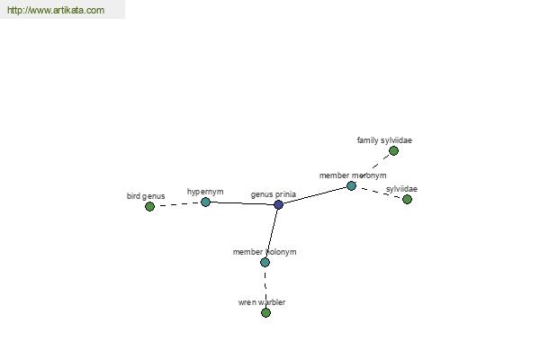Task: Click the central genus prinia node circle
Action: (278, 205)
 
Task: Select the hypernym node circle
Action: (205, 202)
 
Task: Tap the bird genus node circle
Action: (149, 207)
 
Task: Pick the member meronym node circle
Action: (351, 186)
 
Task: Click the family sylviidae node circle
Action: (393, 151)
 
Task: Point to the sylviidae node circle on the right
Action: (407, 200)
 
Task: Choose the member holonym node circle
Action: (265, 263)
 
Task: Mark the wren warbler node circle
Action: (265, 313)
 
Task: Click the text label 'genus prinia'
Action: (273, 194)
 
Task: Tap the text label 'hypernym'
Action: (205, 192)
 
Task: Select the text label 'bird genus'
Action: (146, 196)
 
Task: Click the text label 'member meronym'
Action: (352, 175)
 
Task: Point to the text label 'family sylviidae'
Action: (384, 140)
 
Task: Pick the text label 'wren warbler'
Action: (261, 302)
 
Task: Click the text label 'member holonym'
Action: (264, 252)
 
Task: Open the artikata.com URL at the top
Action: (55, 11)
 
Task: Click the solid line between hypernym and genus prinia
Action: (241, 204)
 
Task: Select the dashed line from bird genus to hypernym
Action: (177, 205)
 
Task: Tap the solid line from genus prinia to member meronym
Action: (315, 195)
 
